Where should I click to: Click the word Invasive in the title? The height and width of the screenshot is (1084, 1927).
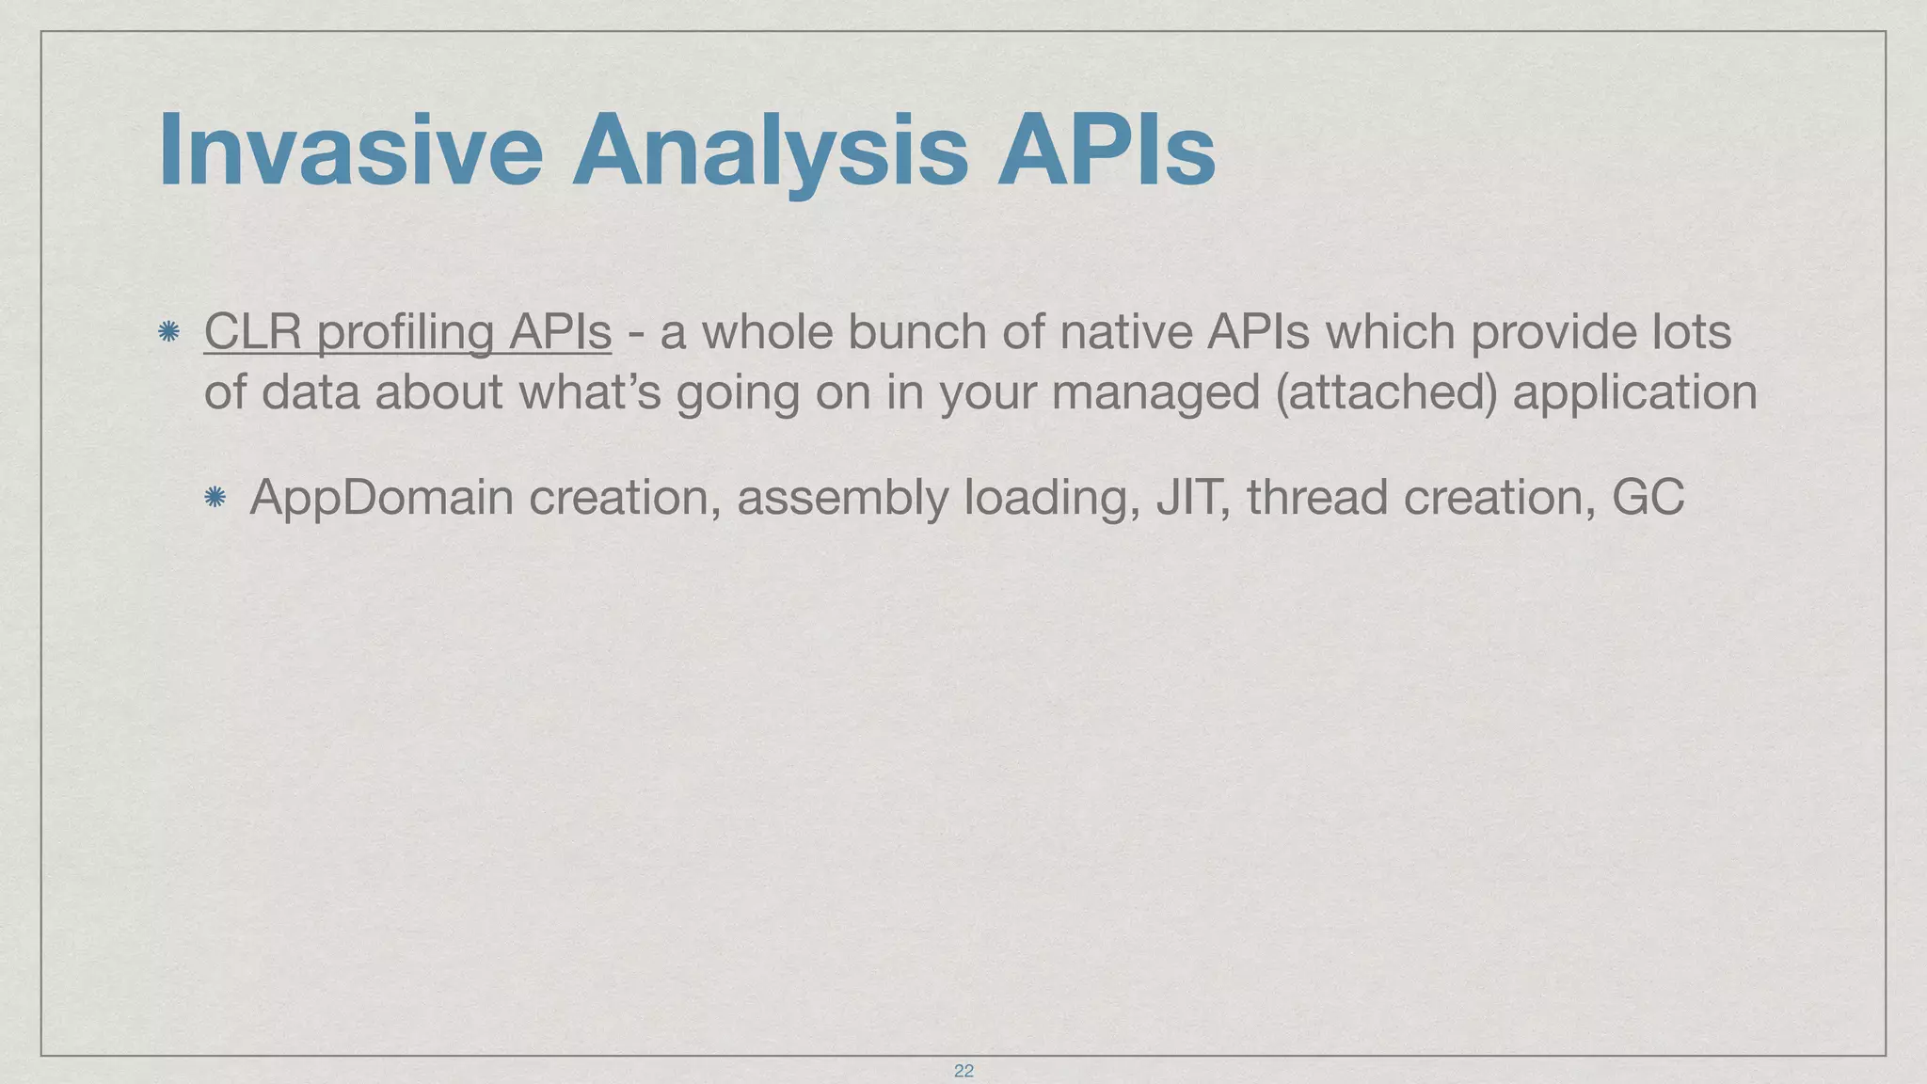click(350, 151)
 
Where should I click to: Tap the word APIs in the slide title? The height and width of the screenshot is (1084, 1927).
click(1107, 151)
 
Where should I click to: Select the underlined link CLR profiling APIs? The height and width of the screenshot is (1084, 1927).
click(407, 332)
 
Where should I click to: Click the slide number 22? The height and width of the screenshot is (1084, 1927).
click(963, 1071)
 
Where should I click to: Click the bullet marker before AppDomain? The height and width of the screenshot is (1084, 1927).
click(215, 497)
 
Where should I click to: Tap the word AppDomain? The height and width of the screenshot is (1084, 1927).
click(381, 497)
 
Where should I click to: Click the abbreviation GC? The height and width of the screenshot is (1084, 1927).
click(1648, 497)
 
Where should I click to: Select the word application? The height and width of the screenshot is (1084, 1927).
click(1634, 393)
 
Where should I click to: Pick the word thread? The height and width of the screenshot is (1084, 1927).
click(1317, 497)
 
